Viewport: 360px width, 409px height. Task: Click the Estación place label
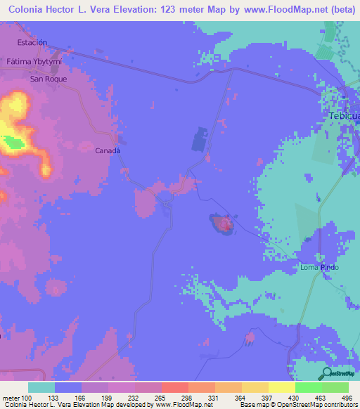pos(32,42)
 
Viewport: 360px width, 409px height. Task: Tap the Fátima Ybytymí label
pos(34,61)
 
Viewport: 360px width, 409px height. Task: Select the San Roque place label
pos(48,79)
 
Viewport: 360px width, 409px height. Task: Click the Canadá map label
pos(108,150)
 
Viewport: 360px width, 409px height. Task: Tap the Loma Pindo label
pos(320,268)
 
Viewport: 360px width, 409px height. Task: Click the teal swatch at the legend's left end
pos(41,387)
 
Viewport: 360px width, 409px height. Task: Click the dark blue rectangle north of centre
pos(200,138)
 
